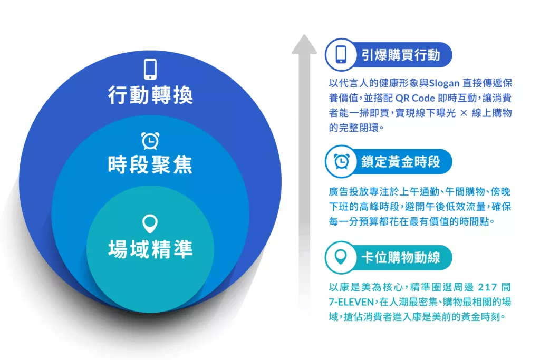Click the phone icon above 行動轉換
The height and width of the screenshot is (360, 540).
150,69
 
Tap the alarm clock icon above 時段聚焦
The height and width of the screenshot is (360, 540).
150,140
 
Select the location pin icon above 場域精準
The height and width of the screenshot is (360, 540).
150,223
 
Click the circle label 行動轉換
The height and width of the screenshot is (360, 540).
150,95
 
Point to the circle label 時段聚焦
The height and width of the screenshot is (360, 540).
150,164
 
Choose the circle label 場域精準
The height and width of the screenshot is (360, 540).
150,249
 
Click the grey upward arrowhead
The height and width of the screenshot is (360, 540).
304,44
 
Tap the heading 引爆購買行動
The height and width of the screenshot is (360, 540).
401,55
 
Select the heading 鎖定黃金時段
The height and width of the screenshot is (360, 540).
401,162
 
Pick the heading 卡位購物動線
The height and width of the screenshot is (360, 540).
401,257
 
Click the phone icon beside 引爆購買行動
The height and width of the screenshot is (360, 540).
341,54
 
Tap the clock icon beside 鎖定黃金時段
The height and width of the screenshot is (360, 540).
341,161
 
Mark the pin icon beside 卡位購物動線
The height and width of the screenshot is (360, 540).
341,257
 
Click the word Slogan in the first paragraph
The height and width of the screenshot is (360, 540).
444,83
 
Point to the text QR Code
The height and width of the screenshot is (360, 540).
415,98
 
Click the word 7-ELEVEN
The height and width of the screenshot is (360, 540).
351,302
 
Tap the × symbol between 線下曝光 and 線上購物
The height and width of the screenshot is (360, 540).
464,113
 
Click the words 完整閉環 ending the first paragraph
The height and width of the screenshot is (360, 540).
359,128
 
